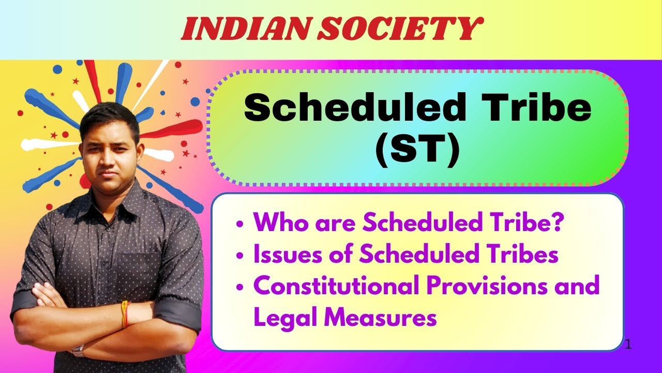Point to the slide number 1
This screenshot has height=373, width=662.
click(628, 344)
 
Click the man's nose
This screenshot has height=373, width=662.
click(108, 156)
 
